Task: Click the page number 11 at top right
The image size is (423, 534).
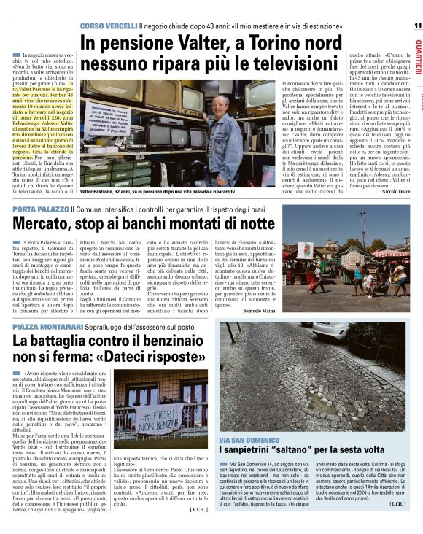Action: [416, 26]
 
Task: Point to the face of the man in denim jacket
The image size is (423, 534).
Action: [218, 103]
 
